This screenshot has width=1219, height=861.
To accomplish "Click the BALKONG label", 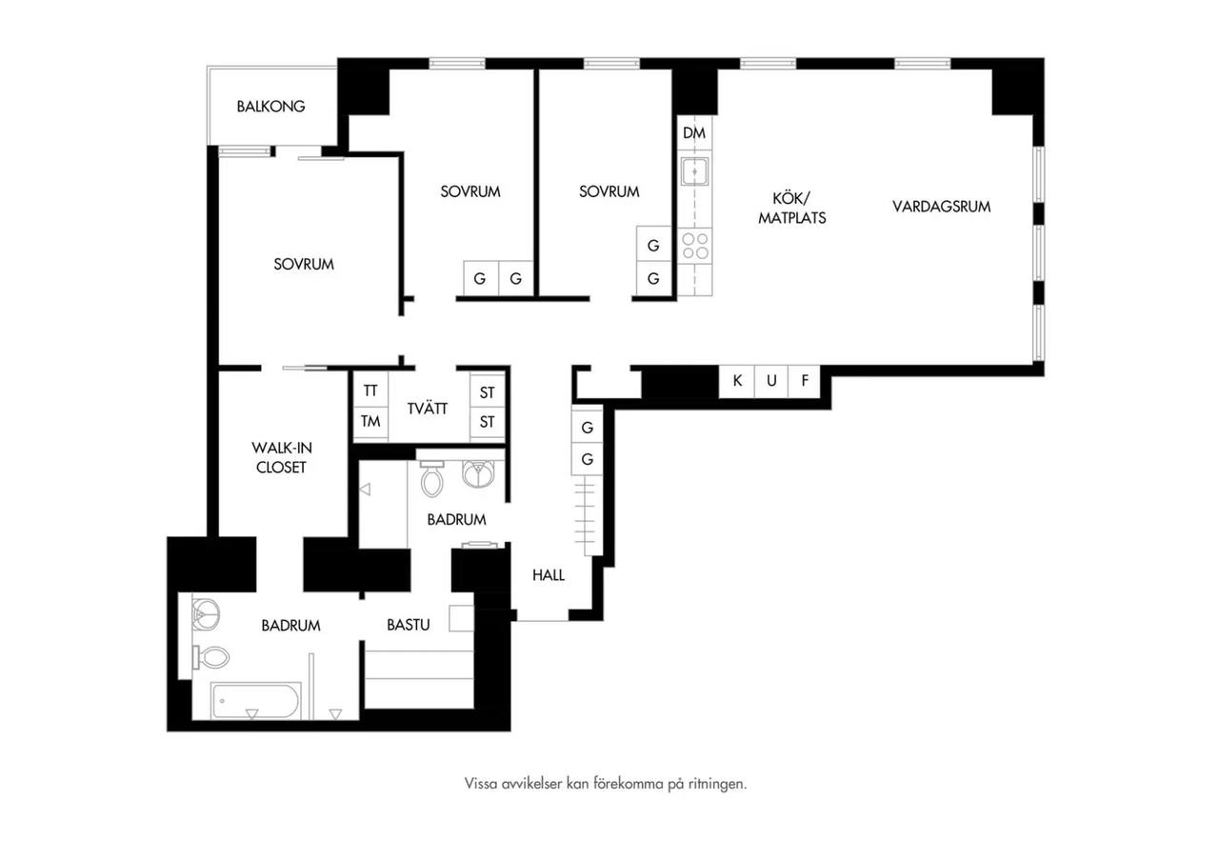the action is tap(270, 106).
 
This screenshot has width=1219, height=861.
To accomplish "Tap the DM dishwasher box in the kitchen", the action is tap(694, 132).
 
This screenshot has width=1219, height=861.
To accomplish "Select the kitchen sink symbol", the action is tap(694, 171).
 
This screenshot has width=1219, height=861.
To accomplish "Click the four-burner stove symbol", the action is tap(695, 246).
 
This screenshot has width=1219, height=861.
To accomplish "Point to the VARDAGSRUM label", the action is tap(942, 207).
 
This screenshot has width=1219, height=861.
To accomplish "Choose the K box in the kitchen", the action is tap(737, 380).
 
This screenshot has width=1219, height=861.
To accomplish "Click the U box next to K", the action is tap(771, 380).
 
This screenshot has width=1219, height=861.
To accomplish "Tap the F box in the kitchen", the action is tap(805, 380).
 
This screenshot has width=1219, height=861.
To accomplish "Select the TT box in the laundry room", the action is tap(370, 390).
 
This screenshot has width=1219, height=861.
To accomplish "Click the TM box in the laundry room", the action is tap(370, 421).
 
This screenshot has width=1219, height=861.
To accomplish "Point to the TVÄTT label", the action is tap(428, 409).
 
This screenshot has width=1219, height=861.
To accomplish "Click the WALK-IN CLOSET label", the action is tap(281, 458).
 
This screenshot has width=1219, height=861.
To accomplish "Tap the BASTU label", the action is tap(409, 625).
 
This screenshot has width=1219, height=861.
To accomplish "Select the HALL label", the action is tap(548, 575).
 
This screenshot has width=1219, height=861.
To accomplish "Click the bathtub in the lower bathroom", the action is tap(256, 700).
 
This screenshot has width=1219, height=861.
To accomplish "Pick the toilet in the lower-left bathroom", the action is tap(210, 657).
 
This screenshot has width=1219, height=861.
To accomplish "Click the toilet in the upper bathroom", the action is tap(432, 478).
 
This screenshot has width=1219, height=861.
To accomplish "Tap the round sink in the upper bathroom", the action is tap(478, 474).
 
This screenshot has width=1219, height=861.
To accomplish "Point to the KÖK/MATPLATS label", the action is tap(791, 208).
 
